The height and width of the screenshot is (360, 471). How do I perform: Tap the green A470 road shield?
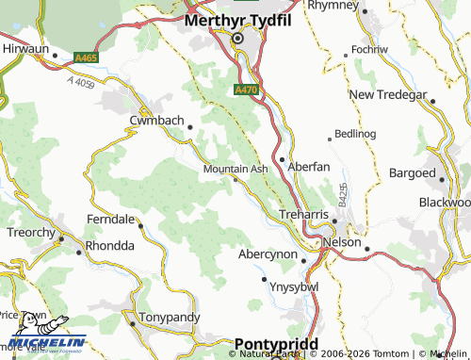click(244, 90)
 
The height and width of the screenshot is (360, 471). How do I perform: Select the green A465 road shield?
click(87, 58)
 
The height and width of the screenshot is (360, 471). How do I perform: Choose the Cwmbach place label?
click(157, 120)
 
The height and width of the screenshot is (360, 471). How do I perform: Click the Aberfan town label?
click(308, 166)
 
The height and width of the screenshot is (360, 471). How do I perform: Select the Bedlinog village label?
click(355, 134)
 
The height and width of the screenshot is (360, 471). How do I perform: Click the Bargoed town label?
click(413, 174)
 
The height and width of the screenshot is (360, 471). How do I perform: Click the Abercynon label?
click(268, 255)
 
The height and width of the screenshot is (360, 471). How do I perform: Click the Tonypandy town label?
click(164, 319)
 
